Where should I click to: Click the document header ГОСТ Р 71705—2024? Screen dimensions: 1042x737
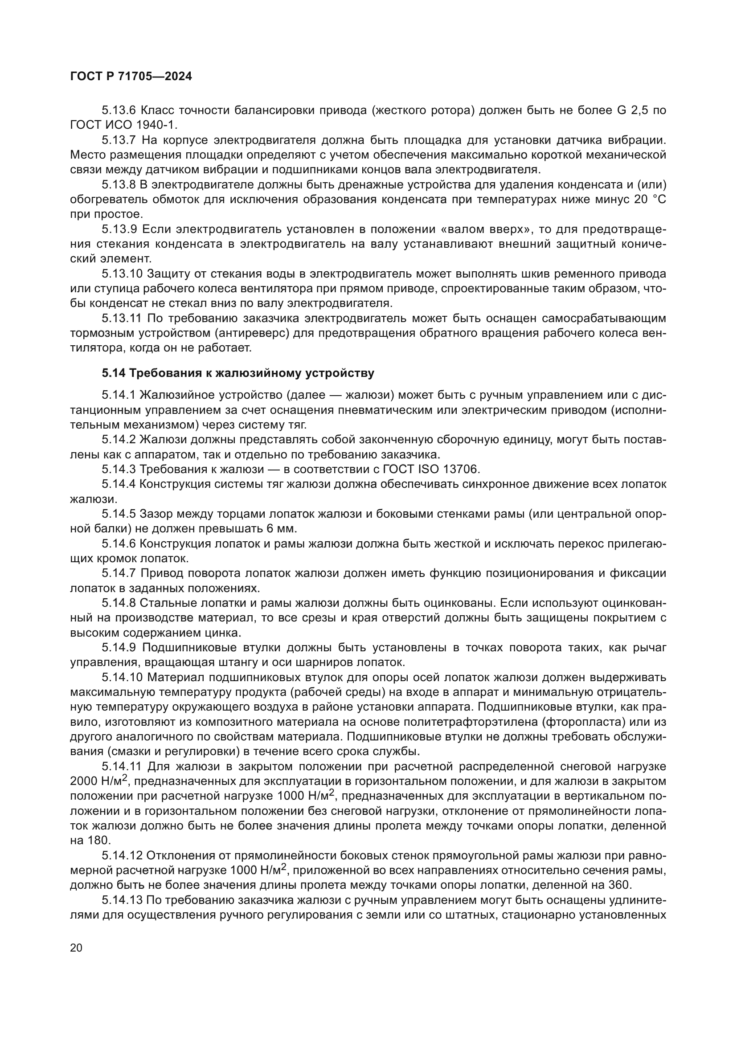[x=131, y=77]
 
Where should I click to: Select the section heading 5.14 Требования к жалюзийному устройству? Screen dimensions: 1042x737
[x=238, y=373]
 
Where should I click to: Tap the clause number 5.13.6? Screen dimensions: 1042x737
[x=119, y=110]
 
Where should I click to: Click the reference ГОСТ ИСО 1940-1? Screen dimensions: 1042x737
[x=123, y=125]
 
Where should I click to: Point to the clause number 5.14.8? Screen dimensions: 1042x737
[x=119, y=604]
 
